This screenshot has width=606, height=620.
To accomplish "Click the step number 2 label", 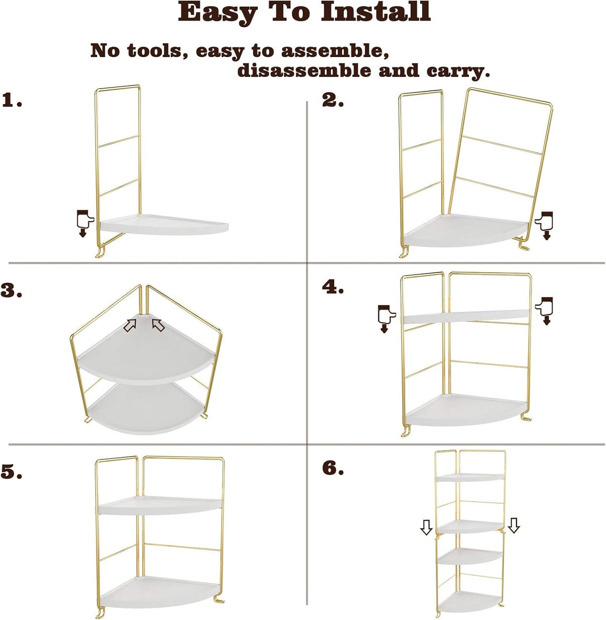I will click(333, 100).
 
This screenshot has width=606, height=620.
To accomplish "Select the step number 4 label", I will click(333, 287).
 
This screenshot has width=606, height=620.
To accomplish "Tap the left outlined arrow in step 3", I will click(130, 324).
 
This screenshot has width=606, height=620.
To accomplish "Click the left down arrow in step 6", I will click(426, 527).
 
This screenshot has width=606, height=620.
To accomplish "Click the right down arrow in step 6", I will click(514, 525).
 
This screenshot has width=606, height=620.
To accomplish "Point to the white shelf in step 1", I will click(164, 224).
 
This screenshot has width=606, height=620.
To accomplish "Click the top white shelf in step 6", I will click(470, 477).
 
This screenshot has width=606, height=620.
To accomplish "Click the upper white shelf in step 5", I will click(159, 506).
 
